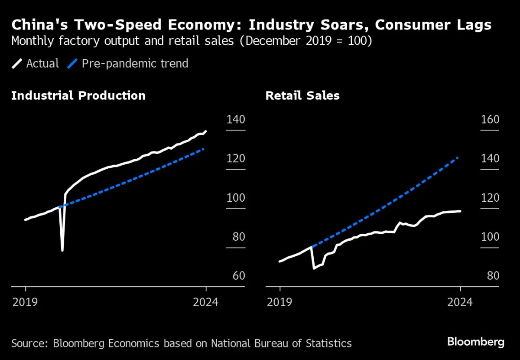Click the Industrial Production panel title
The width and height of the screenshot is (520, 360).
click(78, 95)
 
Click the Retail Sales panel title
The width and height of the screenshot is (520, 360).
click(302, 95)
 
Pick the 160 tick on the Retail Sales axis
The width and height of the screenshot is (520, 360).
click(490, 120)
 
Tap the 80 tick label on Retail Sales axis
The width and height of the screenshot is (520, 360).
click(490, 276)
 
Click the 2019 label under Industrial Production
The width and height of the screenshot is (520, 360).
click(26, 302)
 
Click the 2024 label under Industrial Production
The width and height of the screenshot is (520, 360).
click(206, 302)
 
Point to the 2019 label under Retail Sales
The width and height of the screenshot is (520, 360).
click(280, 302)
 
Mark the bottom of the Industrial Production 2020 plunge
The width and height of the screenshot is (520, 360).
click(62, 250)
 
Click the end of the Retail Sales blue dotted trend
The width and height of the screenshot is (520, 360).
click(458, 158)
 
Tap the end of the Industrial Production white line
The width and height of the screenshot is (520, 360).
click(206, 131)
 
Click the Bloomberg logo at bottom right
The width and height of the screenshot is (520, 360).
click(476, 342)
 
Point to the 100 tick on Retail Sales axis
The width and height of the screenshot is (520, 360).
click(490, 237)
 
